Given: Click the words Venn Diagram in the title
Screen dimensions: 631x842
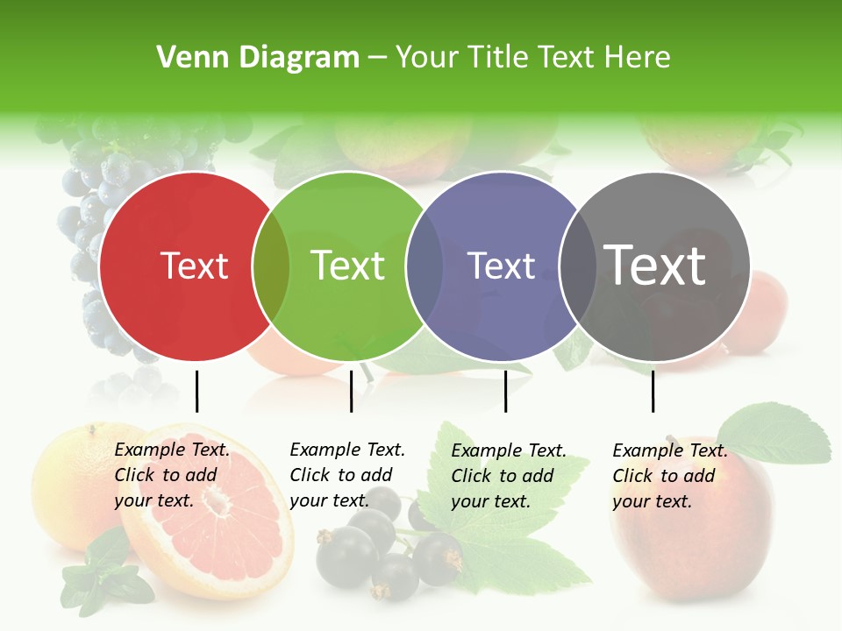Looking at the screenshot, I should coord(258,58).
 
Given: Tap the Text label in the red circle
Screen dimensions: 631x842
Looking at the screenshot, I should coord(194,266).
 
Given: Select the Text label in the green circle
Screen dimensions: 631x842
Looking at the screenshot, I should coord(348,266).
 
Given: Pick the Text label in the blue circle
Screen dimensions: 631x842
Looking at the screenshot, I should coord(502,266).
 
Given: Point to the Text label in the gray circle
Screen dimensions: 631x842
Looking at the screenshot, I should coord(655,266).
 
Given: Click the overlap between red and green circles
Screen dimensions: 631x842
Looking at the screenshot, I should coord(271,266).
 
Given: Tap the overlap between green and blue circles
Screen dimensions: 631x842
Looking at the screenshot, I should coord(425,266).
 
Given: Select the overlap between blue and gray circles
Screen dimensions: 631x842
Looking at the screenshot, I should coord(576,266).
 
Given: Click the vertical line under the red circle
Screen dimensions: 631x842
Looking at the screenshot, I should coord(196,391).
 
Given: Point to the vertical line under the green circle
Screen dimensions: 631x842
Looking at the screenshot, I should coord(351,391).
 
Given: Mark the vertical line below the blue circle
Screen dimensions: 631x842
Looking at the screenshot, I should coord(505,391).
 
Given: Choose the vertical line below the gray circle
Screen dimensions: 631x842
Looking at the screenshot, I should coord(653,391).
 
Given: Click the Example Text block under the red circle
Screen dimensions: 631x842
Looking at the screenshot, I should coord(172,475).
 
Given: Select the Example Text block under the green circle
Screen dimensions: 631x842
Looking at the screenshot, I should coord(347,475).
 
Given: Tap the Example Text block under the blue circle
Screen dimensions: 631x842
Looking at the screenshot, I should coord(509,476).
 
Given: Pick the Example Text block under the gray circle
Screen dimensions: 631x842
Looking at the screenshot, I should coord(670,476).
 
